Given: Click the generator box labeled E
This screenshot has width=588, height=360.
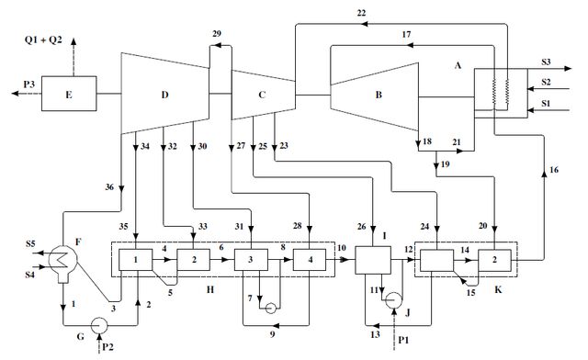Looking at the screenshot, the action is coord(69,94).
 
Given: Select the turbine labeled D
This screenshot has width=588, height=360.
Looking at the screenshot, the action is coord(165,94).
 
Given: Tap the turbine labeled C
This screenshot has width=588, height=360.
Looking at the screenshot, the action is coord(264,95).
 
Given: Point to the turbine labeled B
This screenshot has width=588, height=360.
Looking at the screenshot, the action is coord(374,96).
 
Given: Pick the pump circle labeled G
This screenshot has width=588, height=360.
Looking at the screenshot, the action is coord(99,325).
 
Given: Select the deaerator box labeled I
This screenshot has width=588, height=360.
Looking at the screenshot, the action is coord(373,260).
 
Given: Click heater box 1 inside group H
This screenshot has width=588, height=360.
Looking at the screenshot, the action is coord(136,260).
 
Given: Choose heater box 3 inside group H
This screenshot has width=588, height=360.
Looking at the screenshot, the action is coord(251,260).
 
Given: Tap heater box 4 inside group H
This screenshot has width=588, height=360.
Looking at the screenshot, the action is coord(310,260).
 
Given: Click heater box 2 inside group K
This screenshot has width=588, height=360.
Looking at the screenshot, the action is coord(494,260).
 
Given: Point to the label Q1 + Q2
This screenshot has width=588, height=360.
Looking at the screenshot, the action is coord(43,39).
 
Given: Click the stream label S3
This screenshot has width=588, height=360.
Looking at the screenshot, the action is coord(546,62).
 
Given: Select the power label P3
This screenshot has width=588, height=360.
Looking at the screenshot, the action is coord(29,84).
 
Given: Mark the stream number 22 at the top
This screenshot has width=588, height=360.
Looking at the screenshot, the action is coord(361,13).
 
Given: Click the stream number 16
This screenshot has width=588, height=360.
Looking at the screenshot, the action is coord(554,170).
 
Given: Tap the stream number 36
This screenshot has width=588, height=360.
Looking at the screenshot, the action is coord(109,186).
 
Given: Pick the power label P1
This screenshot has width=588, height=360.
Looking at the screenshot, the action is coord(403,340).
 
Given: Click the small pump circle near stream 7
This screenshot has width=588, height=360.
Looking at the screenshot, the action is coord(270,309).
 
